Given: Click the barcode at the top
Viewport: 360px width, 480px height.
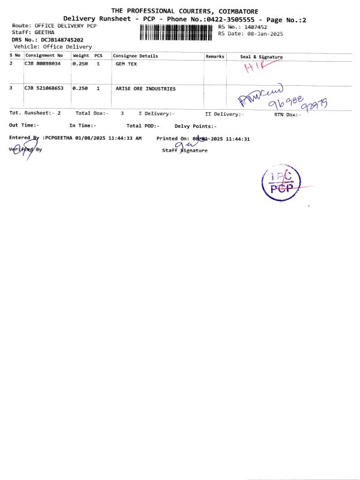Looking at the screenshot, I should (177, 31).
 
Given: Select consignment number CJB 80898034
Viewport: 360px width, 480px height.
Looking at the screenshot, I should (43, 63).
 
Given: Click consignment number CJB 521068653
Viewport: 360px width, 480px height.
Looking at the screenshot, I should (44, 88).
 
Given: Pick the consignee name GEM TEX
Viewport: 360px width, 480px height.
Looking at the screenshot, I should (125, 63).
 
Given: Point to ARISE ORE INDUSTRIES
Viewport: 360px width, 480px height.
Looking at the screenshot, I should (145, 88).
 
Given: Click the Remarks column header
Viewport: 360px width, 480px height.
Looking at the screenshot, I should (215, 56).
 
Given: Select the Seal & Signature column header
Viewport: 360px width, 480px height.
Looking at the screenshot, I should (261, 56).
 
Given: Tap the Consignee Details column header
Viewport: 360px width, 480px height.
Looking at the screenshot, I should (136, 56).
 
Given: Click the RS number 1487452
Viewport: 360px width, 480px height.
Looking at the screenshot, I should (254, 27).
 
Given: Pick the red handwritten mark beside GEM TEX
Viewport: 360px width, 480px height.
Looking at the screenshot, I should (255, 68).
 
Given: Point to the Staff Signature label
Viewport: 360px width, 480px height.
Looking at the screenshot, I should (185, 151).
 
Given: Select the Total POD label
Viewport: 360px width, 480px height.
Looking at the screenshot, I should (142, 125).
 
